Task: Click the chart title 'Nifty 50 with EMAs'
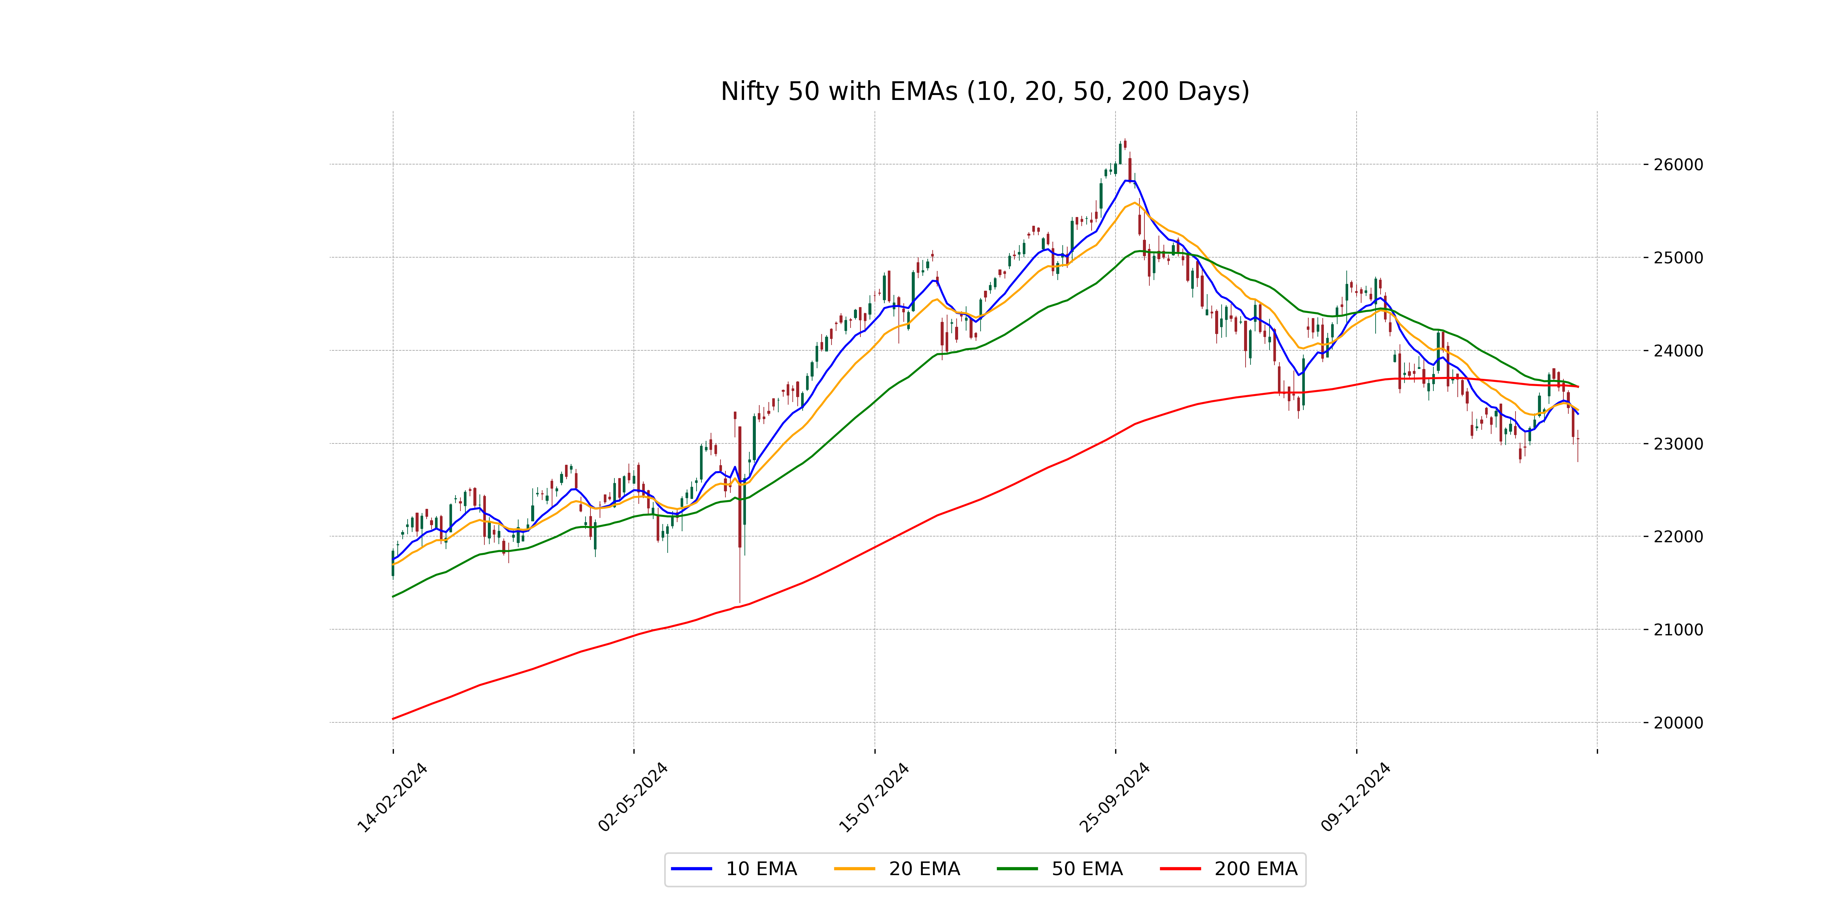click(x=985, y=91)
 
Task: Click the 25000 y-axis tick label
click(x=1677, y=258)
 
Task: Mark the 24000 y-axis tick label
click(x=1677, y=350)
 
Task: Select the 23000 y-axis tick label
click(x=1677, y=444)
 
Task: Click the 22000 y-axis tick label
click(x=1677, y=537)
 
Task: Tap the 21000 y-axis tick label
click(x=1677, y=630)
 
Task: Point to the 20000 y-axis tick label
click(x=1677, y=723)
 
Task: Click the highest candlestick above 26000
click(x=1125, y=144)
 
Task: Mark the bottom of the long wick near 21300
click(x=740, y=602)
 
